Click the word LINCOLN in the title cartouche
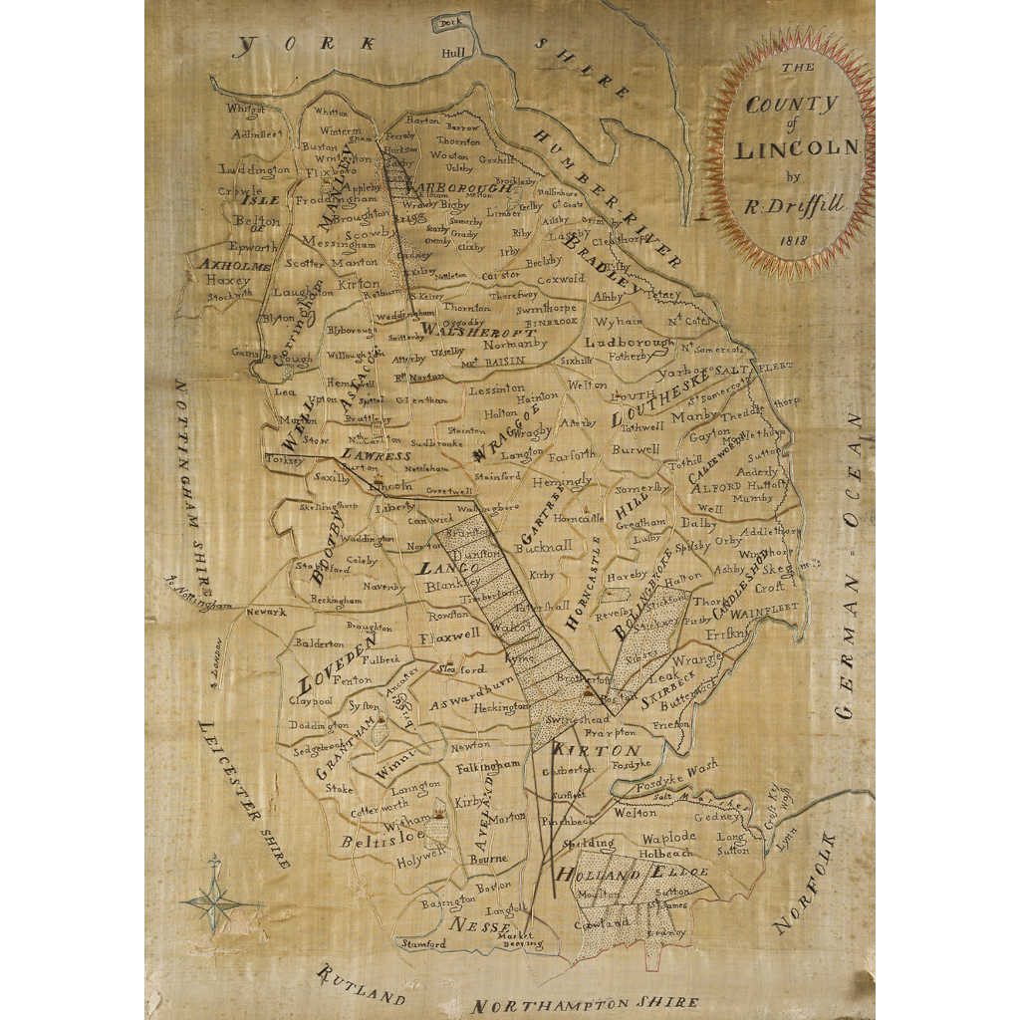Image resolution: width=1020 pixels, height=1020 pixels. (x=796, y=149)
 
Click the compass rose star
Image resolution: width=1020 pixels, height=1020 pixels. (x=214, y=901)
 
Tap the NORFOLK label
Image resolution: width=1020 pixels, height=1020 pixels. (x=807, y=896)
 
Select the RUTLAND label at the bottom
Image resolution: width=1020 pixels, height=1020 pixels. (x=361, y=985)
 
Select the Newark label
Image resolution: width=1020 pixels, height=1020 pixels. (x=266, y=612)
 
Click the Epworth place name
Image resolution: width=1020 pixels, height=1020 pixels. (x=253, y=246)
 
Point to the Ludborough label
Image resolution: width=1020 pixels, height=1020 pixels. (x=629, y=342)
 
